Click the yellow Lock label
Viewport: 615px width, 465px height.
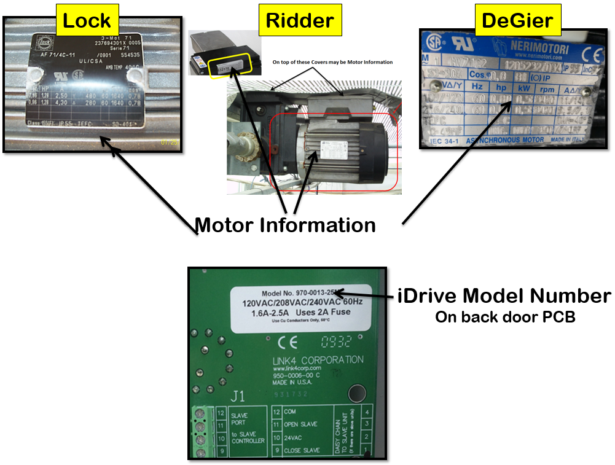click(x=87, y=20)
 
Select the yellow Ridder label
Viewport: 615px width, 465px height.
click(x=300, y=20)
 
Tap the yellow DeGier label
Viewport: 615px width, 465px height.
click(x=517, y=20)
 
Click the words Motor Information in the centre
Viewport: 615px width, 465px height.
click(x=285, y=225)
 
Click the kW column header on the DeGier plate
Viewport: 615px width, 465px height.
click(x=523, y=88)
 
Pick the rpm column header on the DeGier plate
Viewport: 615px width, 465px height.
click(x=547, y=88)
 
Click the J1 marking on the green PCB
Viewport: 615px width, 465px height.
click(x=237, y=396)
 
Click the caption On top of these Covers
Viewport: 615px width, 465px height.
click(x=332, y=62)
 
